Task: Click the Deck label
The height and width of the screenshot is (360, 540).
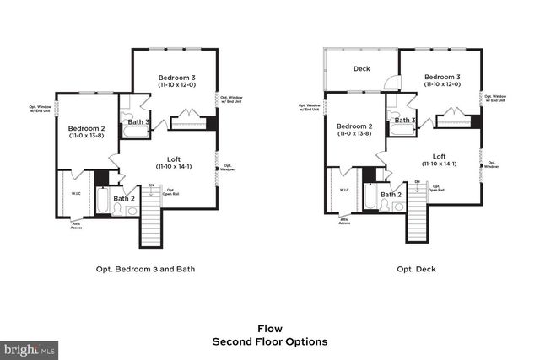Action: point(362,69)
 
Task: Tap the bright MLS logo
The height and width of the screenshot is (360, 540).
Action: point(30,347)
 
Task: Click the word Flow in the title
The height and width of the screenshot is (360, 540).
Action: point(270,329)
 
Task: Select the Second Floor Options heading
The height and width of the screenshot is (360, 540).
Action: point(270,342)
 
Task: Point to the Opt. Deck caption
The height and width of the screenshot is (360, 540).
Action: point(416,271)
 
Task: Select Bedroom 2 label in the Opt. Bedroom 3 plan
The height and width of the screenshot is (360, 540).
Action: point(86,130)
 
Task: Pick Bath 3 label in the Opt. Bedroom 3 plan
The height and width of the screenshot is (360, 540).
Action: point(139,121)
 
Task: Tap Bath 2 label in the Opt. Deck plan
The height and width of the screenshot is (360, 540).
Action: point(390,195)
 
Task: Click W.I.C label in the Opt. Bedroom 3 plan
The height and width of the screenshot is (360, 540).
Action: point(76,192)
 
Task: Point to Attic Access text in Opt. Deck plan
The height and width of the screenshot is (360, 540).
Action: point(343,222)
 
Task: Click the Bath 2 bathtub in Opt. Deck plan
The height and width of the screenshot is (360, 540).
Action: point(370,201)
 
